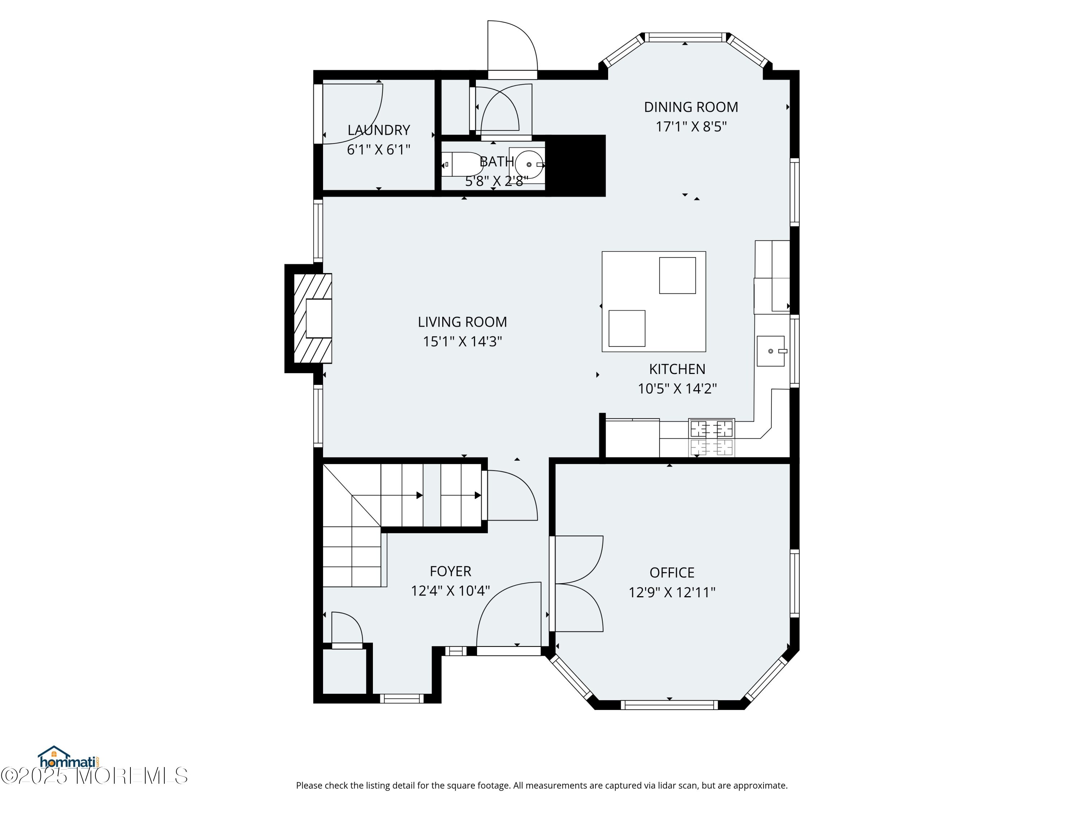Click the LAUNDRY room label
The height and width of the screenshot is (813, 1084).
tap(379, 130)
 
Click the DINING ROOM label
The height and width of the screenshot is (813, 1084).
tap(691, 107)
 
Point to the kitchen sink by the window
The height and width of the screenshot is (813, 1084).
tap(771, 351)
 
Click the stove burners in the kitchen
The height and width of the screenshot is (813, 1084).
tap(711, 438)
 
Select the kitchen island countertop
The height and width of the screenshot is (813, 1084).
tap(654, 301)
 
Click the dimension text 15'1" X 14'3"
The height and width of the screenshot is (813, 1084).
tap(463, 341)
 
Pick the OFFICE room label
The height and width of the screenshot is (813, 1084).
tap(672, 572)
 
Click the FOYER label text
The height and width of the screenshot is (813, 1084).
tap(450, 571)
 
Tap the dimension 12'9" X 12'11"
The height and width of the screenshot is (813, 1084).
tap(672, 593)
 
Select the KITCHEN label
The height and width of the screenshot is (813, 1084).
tap(677, 369)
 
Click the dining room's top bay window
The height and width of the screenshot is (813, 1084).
tap(685, 37)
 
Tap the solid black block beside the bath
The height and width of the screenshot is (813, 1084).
tap(576, 165)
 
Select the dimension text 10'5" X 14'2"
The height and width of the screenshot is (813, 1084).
tap(677, 388)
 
